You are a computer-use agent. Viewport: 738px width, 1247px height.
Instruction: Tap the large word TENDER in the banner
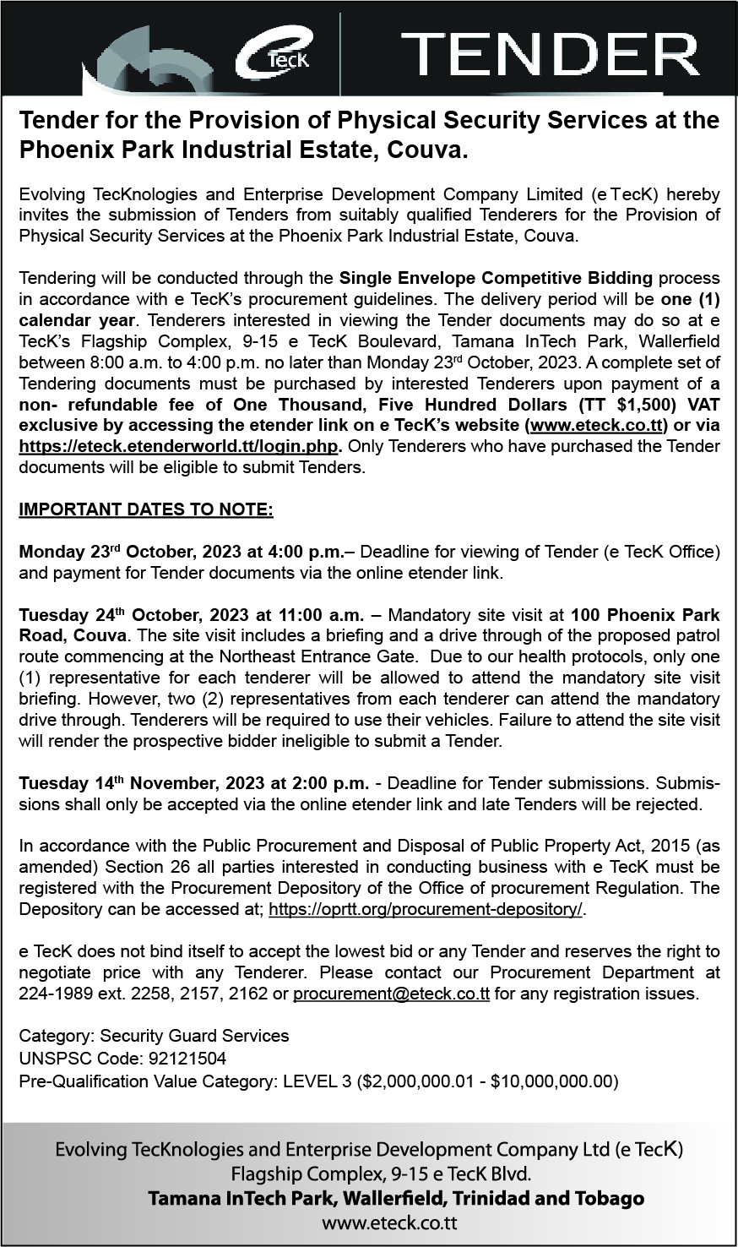549,54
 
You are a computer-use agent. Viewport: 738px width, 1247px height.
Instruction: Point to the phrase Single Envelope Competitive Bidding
496,278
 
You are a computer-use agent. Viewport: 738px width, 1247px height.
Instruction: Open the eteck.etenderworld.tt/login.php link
178,446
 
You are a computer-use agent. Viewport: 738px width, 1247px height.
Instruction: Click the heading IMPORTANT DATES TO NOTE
145,509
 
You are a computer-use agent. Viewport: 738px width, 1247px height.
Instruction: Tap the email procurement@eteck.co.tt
391,994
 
